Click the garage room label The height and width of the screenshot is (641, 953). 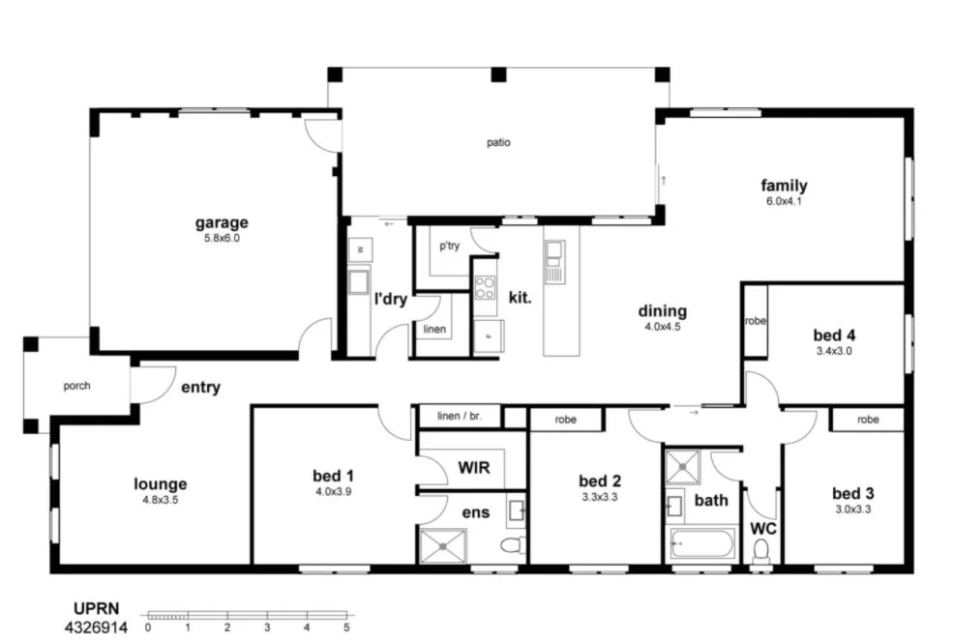pyautogui.click(x=221, y=223)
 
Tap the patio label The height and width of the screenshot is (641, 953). pyautogui.click(x=498, y=143)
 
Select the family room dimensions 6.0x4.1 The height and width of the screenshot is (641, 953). pyautogui.click(x=783, y=201)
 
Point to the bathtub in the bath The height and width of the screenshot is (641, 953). pyautogui.click(x=701, y=543)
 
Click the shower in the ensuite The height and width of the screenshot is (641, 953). pyautogui.click(x=441, y=546)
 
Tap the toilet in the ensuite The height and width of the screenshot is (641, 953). pyautogui.click(x=512, y=546)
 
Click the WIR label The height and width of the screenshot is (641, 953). pyautogui.click(x=473, y=469)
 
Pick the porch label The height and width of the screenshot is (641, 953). pyautogui.click(x=76, y=386)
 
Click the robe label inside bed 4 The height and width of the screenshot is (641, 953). pyautogui.click(x=755, y=321)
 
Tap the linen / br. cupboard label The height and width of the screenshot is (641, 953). pyautogui.click(x=460, y=417)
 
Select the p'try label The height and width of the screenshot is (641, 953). pyautogui.click(x=449, y=247)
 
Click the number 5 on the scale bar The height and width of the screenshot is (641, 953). pyautogui.click(x=346, y=626)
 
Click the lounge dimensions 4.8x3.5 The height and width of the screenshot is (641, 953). pyautogui.click(x=160, y=501)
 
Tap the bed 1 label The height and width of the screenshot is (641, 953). pyautogui.click(x=333, y=476)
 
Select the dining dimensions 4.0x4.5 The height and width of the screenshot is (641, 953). pyautogui.click(x=663, y=327)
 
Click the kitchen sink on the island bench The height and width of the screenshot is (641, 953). pyautogui.click(x=553, y=254)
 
